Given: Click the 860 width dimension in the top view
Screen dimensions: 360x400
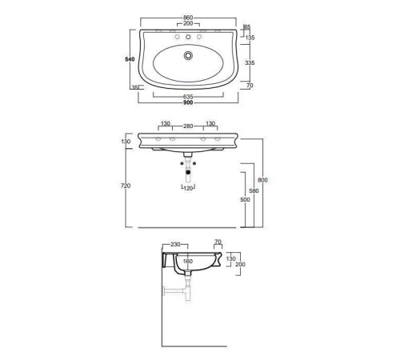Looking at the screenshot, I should (x=188, y=16).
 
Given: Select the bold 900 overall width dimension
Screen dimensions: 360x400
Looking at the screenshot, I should (x=188, y=103).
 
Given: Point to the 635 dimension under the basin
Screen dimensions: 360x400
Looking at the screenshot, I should (x=188, y=96).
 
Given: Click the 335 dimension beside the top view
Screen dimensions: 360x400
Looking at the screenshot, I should (x=250, y=61).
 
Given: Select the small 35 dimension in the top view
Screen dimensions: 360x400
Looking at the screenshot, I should (x=134, y=87).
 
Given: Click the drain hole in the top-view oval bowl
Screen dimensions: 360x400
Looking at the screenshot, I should (x=188, y=55).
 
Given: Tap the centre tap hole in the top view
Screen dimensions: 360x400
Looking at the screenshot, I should (x=188, y=37).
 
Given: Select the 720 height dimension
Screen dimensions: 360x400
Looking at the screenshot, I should (x=125, y=185).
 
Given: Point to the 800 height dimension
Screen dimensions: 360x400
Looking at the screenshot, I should (x=262, y=180).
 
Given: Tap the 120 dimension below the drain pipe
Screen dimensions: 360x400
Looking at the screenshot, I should (x=189, y=188).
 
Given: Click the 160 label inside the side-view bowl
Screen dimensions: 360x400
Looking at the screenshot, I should (x=189, y=260).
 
